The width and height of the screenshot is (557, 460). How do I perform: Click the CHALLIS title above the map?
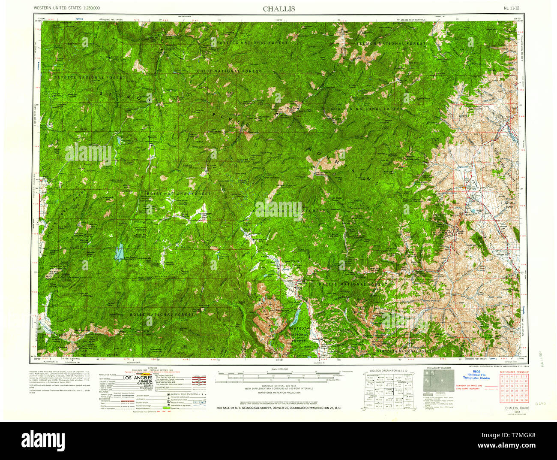pos(278,9)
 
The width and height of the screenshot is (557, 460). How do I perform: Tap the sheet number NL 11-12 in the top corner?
pos(512,8)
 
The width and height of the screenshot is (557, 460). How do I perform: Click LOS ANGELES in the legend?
pos(138,378)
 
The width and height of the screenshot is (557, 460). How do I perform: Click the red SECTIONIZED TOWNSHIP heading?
pos(514,372)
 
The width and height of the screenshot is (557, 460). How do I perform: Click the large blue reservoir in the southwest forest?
pos(119,252)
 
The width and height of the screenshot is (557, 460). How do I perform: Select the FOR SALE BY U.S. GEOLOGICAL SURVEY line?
pos(279,408)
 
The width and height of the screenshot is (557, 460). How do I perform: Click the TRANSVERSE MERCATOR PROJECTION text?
pos(278,393)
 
